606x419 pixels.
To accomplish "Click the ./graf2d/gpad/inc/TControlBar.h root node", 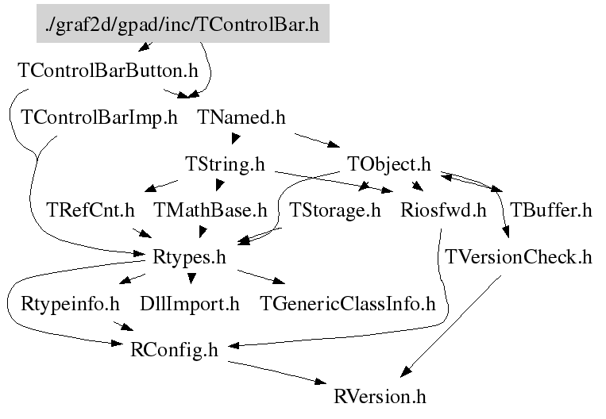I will coord(183,25).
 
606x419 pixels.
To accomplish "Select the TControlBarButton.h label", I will coord(107,71).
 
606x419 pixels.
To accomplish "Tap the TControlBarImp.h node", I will coord(99,118).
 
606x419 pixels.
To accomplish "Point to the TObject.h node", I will coord(389,165).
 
